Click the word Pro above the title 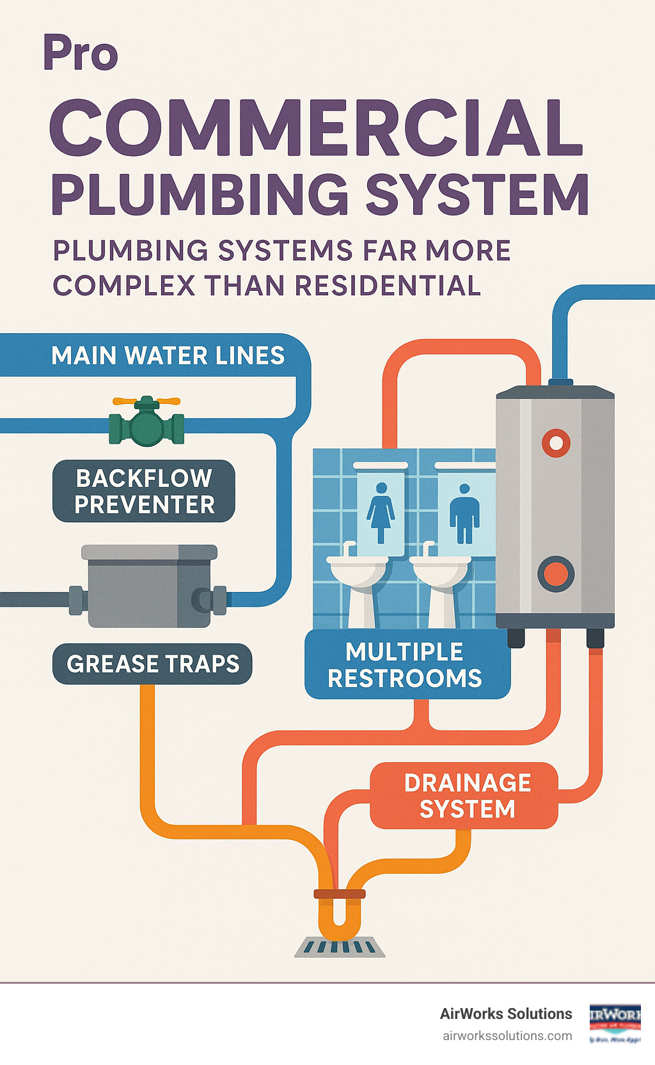pyautogui.click(x=81, y=54)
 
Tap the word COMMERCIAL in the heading pyautogui.click(x=315, y=128)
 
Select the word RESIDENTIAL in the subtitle pyautogui.click(x=387, y=285)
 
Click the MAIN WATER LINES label pyautogui.click(x=168, y=355)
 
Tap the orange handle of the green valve pyautogui.click(x=146, y=401)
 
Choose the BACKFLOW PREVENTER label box pyautogui.click(x=144, y=491)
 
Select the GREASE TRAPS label pyautogui.click(x=152, y=664)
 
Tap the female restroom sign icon pyautogui.click(x=381, y=512)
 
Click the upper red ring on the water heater pyautogui.click(x=556, y=442)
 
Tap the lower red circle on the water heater pyautogui.click(x=555, y=573)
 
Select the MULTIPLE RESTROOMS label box pyautogui.click(x=405, y=665)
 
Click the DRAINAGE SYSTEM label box pyautogui.click(x=467, y=796)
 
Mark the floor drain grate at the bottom pyautogui.click(x=340, y=947)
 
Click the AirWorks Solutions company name pyautogui.click(x=505, y=1014)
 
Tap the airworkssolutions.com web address pyautogui.click(x=507, y=1036)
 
